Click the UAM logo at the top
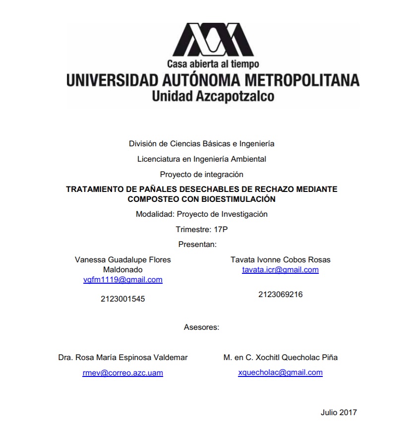point(213,40)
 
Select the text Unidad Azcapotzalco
point(213,96)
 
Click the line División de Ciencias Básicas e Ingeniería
point(201,144)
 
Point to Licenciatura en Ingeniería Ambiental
point(201,159)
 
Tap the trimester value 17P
point(221,230)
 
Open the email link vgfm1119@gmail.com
point(123,280)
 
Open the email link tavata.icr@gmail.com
point(280,270)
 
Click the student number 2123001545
point(122,299)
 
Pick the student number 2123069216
point(280,294)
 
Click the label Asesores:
point(201,327)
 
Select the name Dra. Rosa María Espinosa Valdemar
point(123,357)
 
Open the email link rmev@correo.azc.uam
point(123,373)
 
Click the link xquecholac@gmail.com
point(280,372)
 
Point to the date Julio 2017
point(339,412)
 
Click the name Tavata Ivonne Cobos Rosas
point(280,259)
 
